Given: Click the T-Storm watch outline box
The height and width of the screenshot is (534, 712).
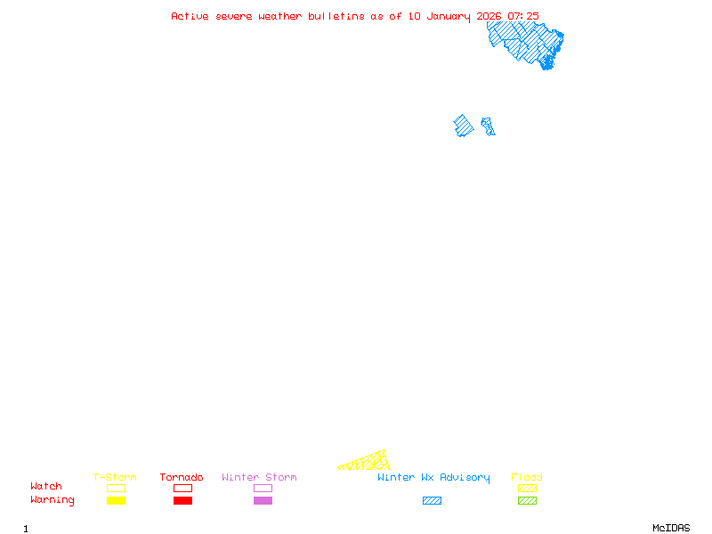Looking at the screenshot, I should point(116,488).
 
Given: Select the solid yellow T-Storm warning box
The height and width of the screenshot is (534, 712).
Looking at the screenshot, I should point(116,501).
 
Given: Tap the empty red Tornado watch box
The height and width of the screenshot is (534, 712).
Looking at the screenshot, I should point(182,488).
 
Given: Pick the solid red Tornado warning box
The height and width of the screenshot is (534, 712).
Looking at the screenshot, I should point(182,501).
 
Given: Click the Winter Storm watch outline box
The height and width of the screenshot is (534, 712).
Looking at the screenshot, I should point(263,488).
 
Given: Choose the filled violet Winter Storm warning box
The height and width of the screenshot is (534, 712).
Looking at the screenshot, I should point(263,501).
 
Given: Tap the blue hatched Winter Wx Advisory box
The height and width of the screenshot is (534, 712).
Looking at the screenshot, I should point(432,501).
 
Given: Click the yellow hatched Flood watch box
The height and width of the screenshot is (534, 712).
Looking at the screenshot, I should point(527,488).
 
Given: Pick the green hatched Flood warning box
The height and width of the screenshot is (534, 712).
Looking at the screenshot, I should point(527,501).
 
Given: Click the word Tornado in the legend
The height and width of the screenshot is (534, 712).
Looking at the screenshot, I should point(182,478).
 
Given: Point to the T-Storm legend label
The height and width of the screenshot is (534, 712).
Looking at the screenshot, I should point(115,478).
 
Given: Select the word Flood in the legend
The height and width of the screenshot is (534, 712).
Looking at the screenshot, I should point(527,478).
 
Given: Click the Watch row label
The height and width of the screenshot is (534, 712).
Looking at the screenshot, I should point(46,487).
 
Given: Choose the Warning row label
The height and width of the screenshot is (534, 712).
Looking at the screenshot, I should point(53,500).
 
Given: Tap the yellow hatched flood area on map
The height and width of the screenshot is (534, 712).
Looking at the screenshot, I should point(369,462).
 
